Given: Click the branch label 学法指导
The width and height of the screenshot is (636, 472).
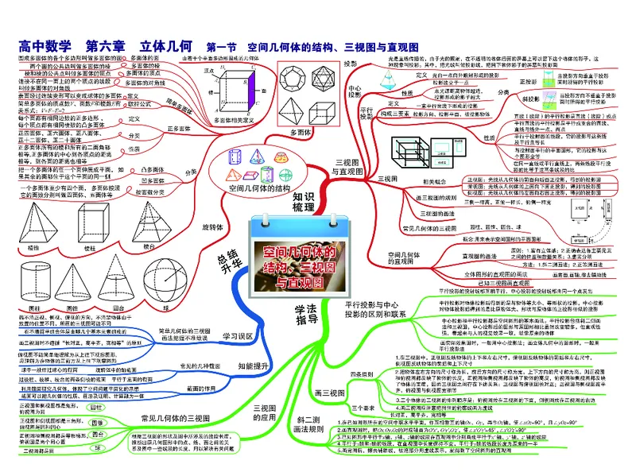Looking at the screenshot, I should pyautogui.click(x=307, y=315).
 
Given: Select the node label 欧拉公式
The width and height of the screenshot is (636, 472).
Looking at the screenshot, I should pyautogui.click(x=140, y=104).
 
